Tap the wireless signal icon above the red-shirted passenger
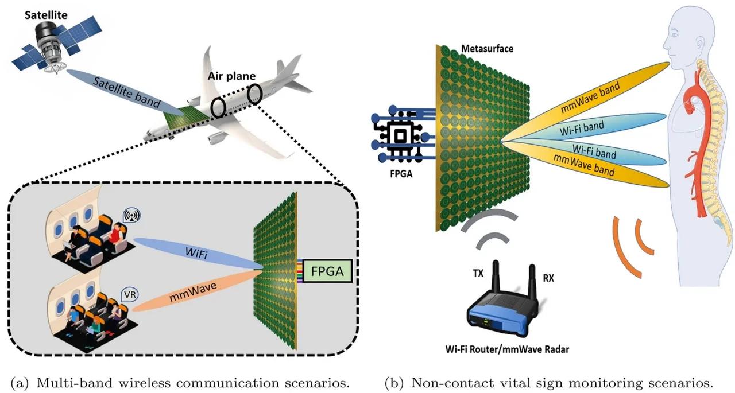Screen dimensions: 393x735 click(131, 216)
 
